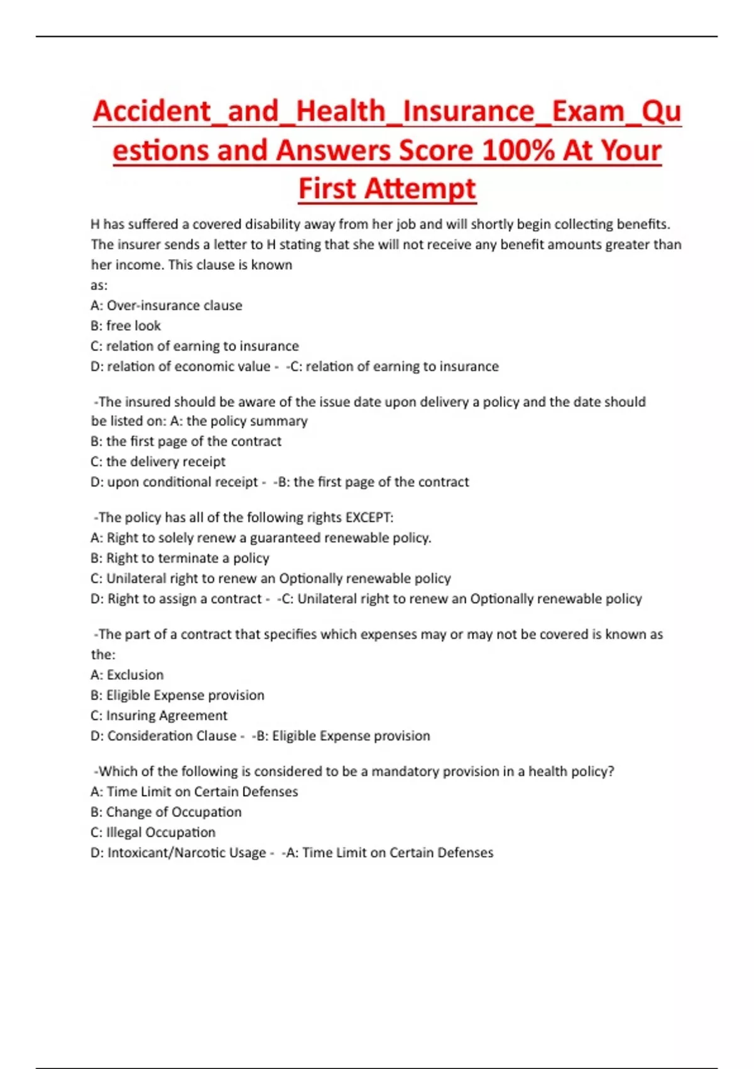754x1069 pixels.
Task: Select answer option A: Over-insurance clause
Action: (167, 306)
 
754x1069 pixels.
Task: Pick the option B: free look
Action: (126, 326)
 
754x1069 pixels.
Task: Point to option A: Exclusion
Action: (127, 675)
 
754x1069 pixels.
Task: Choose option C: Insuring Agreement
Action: (159, 716)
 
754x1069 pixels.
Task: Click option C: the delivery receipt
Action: (158, 462)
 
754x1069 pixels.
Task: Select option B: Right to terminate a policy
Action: (180, 558)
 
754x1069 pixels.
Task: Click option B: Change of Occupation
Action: (166, 812)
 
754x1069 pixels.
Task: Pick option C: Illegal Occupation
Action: (153, 833)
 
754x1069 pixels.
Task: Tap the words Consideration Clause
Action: (172, 736)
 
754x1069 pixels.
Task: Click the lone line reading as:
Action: (99, 285)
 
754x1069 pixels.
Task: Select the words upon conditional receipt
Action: (182, 482)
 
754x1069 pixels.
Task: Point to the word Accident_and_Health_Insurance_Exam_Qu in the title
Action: (387, 112)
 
